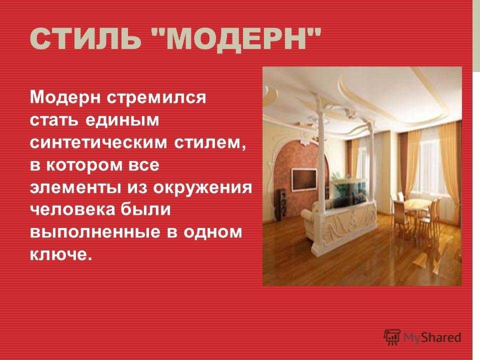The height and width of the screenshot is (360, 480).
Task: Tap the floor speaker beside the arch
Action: tap(281, 205)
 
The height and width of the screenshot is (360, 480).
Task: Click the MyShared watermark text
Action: tap(432, 337)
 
